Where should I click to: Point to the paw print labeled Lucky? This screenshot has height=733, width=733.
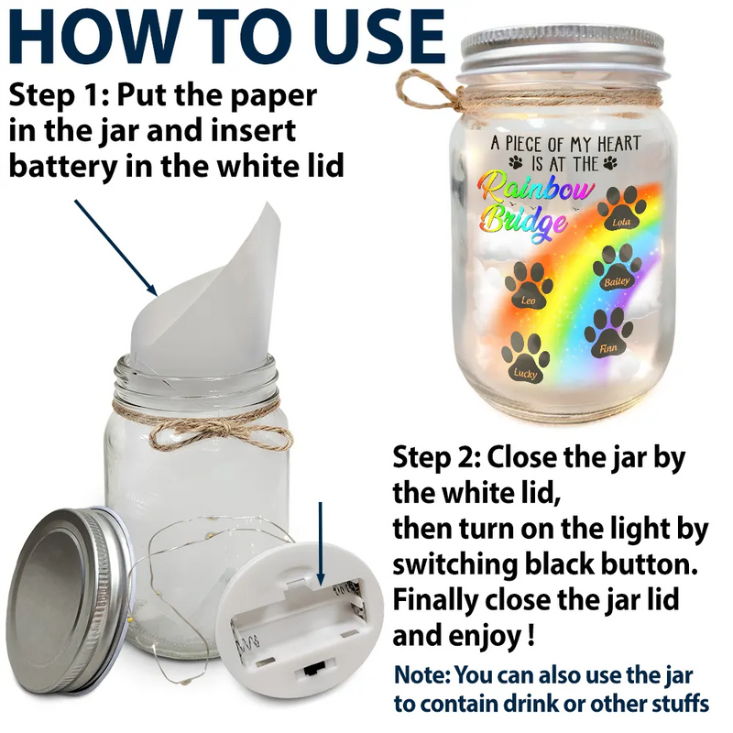pos(526,359)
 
